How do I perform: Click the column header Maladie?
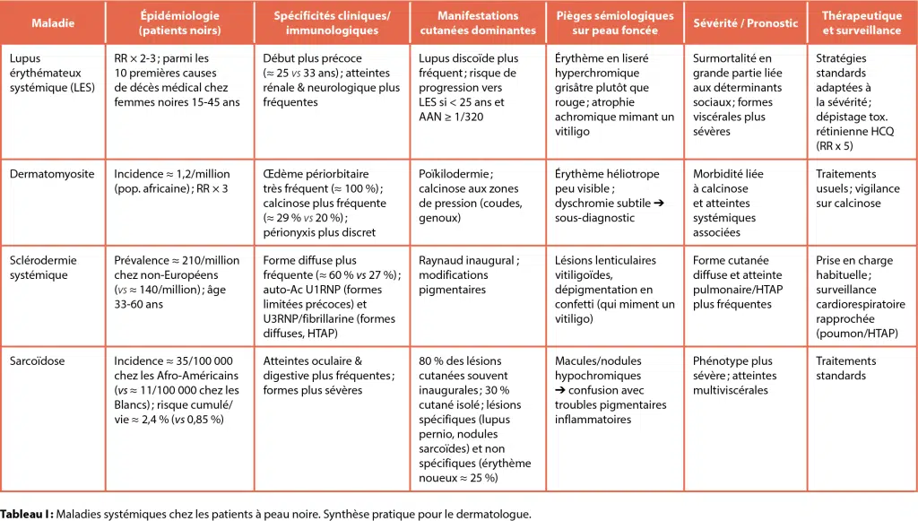tap(53, 23)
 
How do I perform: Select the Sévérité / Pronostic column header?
tap(745, 23)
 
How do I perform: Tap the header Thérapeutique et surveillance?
tap(862, 23)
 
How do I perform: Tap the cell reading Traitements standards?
tap(845, 369)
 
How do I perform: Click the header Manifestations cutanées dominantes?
tap(478, 23)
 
